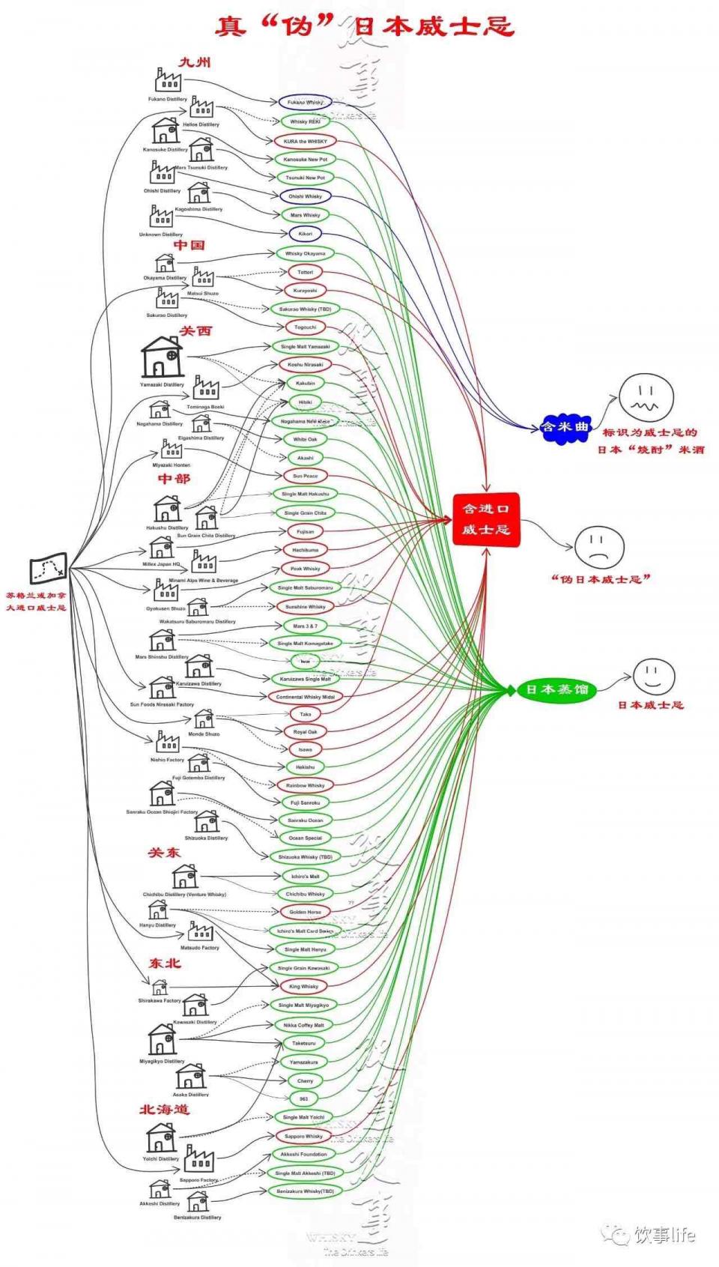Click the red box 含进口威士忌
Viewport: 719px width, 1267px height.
pos(485,518)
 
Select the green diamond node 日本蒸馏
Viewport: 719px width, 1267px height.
pos(556,689)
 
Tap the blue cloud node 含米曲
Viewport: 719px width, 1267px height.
pos(565,428)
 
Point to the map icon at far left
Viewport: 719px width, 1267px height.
pos(48,569)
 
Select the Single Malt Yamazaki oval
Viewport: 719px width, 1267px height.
pos(305,347)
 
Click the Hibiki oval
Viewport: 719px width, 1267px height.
pos(305,402)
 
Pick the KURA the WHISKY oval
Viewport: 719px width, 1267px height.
pos(305,141)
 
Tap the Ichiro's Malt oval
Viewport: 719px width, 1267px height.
pos(305,876)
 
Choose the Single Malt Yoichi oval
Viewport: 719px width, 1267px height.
pos(303,1117)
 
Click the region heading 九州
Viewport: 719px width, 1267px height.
pos(194,62)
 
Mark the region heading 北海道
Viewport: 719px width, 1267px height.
pos(163,1109)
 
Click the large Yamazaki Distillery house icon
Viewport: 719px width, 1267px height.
pos(162,357)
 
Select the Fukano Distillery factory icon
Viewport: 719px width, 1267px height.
pos(168,79)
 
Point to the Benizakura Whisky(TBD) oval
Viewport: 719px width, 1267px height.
pos(305,1191)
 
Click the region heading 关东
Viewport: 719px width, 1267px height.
pos(163,853)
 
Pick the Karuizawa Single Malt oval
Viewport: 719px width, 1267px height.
pos(305,679)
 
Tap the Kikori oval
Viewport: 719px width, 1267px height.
pos(305,234)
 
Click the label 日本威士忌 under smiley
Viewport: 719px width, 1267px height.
pos(650,705)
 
